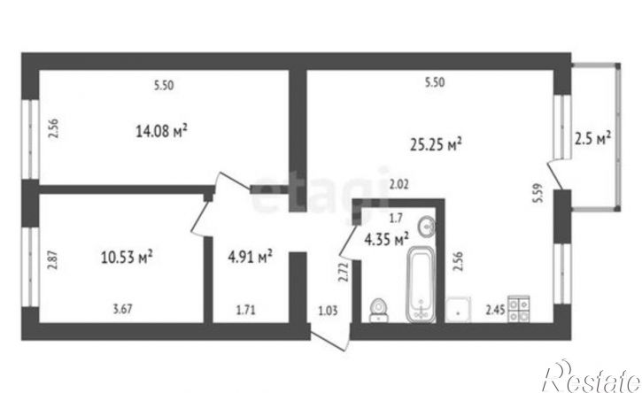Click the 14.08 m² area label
pyautogui.click(x=161, y=131)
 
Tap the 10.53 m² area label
pyautogui.click(x=127, y=258)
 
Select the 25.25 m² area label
pyautogui.click(x=436, y=144)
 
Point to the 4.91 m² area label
pyautogui.click(x=250, y=257)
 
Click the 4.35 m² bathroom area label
pyautogui.click(x=386, y=239)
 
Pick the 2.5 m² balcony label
pyautogui.click(x=593, y=139)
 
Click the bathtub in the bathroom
pyautogui.click(x=421, y=284)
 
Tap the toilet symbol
pyautogui.click(x=378, y=310)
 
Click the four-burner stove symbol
pyautogui.click(x=518, y=309)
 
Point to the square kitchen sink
pyautogui.click(x=458, y=310)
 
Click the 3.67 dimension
pyautogui.click(x=123, y=308)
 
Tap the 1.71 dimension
pyautogui.click(x=245, y=310)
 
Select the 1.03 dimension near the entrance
pyautogui.click(x=329, y=311)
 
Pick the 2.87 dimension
pyautogui.click(x=52, y=260)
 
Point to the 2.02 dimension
pyautogui.click(x=398, y=185)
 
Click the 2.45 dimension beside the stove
pyautogui.click(x=495, y=311)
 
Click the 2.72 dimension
pyautogui.click(x=343, y=273)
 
